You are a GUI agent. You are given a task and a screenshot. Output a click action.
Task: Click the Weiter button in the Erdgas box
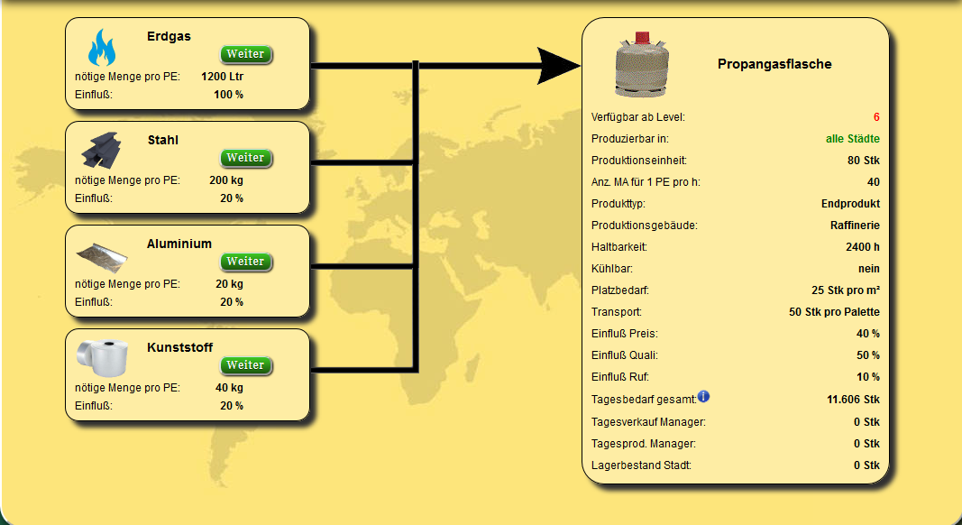coord(245,54)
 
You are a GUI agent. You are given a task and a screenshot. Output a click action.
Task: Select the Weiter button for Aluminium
coord(245,262)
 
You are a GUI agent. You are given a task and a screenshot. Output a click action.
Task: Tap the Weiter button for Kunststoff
coord(245,365)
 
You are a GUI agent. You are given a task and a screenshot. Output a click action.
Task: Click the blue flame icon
coord(101,48)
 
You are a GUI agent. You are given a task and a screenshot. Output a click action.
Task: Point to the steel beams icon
coord(101,150)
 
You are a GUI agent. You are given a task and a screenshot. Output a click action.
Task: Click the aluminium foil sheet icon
coord(102,257)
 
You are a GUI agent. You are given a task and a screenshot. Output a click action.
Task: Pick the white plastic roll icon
coord(103,357)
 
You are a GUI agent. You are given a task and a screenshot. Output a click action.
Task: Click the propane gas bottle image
coord(642,64)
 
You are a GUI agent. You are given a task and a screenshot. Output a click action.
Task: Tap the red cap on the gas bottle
coord(642,38)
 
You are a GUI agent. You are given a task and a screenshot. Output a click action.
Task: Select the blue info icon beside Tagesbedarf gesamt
coord(704,396)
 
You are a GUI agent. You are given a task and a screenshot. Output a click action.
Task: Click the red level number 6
coord(876,117)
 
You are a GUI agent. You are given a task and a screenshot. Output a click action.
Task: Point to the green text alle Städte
coord(853,139)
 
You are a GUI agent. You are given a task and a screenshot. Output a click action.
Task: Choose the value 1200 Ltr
coord(222,77)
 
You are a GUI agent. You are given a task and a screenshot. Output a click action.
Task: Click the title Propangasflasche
coord(774,64)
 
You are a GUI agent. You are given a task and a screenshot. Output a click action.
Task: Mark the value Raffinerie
coord(856,226)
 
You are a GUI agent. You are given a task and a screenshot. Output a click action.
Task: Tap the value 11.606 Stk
coord(854,400)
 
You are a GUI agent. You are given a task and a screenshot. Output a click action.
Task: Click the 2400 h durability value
coord(863,247)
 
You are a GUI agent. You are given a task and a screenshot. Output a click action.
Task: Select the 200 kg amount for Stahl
coord(226,180)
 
